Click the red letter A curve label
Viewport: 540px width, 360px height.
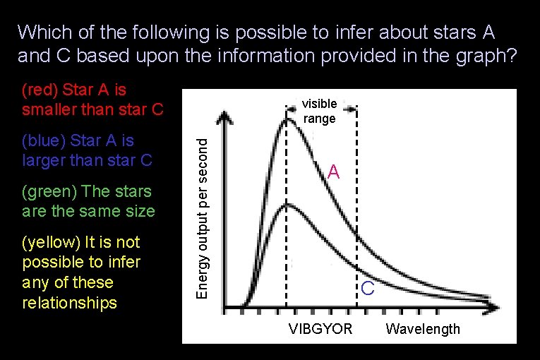[x=334, y=172]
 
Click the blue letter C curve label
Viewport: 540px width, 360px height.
[x=367, y=288]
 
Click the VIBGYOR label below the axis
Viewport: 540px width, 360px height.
[x=320, y=328]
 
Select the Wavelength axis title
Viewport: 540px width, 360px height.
[x=423, y=328]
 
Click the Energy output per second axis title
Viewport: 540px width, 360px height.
[x=201, y=217]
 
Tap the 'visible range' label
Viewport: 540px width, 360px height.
[x=320, y=111]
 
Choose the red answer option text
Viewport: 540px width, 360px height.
[x=92, y=100]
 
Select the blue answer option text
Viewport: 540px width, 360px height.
[x=87, y=150]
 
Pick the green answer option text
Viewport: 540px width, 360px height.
[x=88, y=201]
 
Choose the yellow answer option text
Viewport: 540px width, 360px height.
[x=81, y=272]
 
